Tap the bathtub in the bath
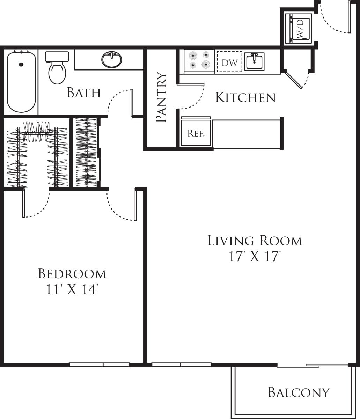point(21,82)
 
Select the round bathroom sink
point(112,60)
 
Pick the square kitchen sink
point(255,61)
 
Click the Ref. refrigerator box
point(196,133)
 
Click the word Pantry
point(161,97)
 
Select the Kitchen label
point(245,97)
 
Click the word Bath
point(84,93)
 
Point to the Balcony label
point(299,392)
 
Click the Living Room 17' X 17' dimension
point(255,257)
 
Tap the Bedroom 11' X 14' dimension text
point(72,289)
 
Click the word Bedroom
point(72,273)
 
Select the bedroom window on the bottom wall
point(100,365)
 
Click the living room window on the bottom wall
point(181,365)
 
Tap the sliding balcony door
point(313,366)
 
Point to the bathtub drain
point(21,65)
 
